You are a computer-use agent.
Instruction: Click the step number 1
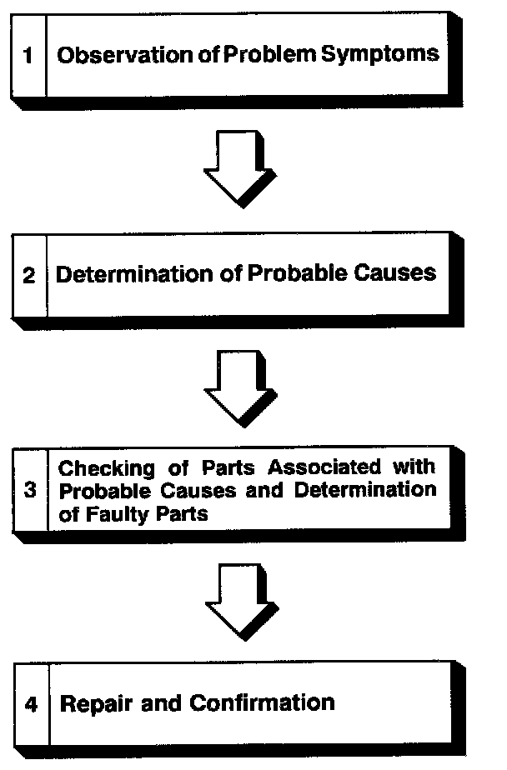(x=28, y=57)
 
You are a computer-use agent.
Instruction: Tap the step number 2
(x=29, y=276)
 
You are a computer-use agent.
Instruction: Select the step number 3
(x=30, y=490)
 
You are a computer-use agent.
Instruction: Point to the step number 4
(x=32, y=704)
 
